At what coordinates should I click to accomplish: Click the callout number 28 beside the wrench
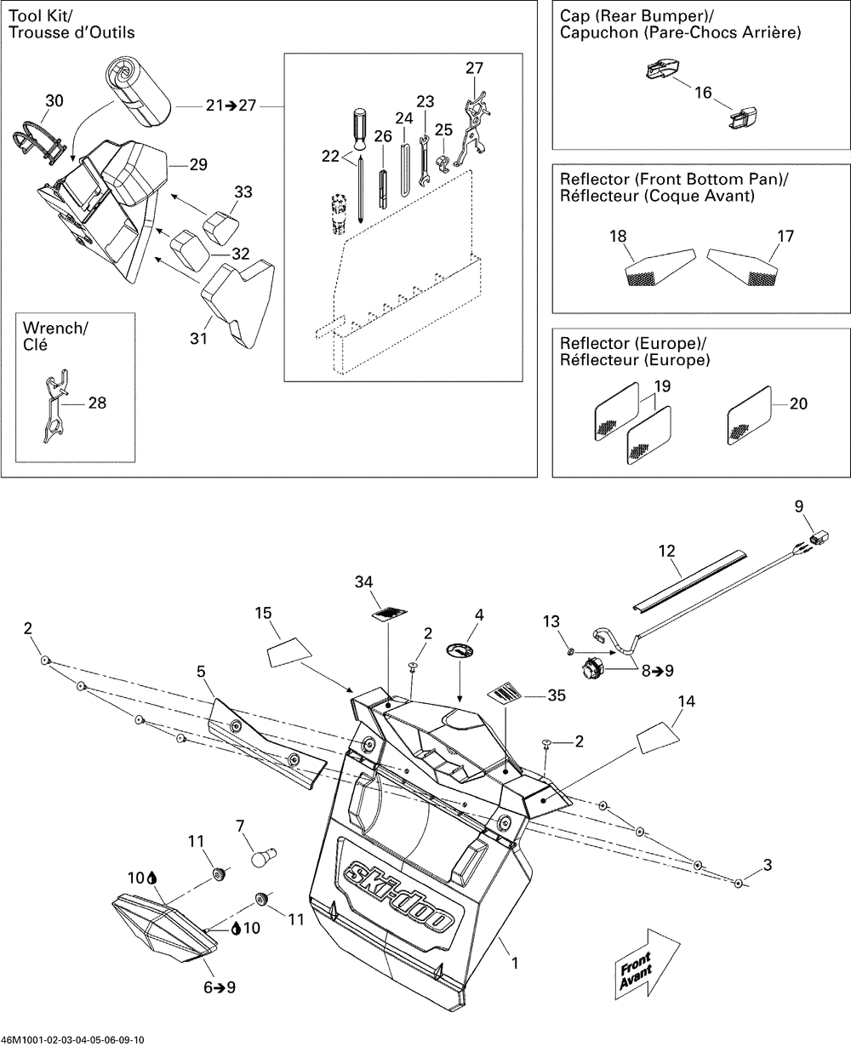98,403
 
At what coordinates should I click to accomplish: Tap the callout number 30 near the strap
54,101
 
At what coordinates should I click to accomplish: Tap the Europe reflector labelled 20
749,415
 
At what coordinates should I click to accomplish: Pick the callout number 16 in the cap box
702,93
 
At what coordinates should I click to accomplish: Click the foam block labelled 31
234,305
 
